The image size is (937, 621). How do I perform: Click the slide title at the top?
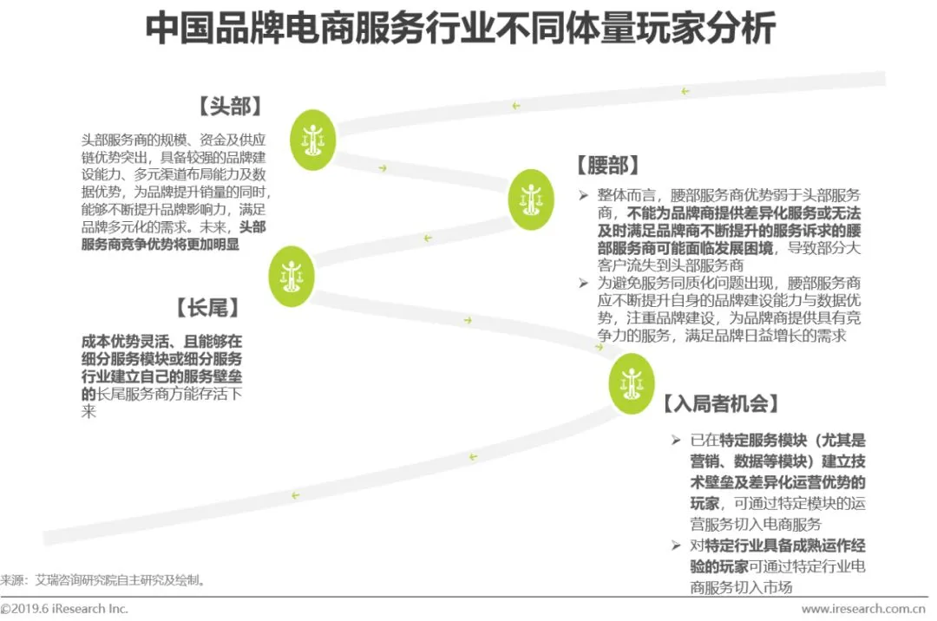click(x=460, y=29)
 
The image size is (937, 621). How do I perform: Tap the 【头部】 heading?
click(x=231, y=106)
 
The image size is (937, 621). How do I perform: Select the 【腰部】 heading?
click(x=608, y=166)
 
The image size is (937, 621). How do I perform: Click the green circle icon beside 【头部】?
click(x=312, y=134)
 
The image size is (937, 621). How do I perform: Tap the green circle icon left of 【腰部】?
click(x=530, y=199)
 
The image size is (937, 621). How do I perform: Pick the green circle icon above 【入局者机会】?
click(x=631, y=382)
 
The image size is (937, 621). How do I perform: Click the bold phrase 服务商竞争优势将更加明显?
click(x=160, y=245)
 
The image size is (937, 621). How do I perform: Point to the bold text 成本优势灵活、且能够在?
click(x=162, y=341)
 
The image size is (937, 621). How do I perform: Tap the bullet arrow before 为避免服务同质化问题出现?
click(x=584, y=283)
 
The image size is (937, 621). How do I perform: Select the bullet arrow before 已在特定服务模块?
click(x=677, y=441)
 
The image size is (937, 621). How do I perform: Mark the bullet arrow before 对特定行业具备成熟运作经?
click(x=677, y=546)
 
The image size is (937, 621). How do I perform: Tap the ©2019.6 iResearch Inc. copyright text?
click(x=64, y=609)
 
